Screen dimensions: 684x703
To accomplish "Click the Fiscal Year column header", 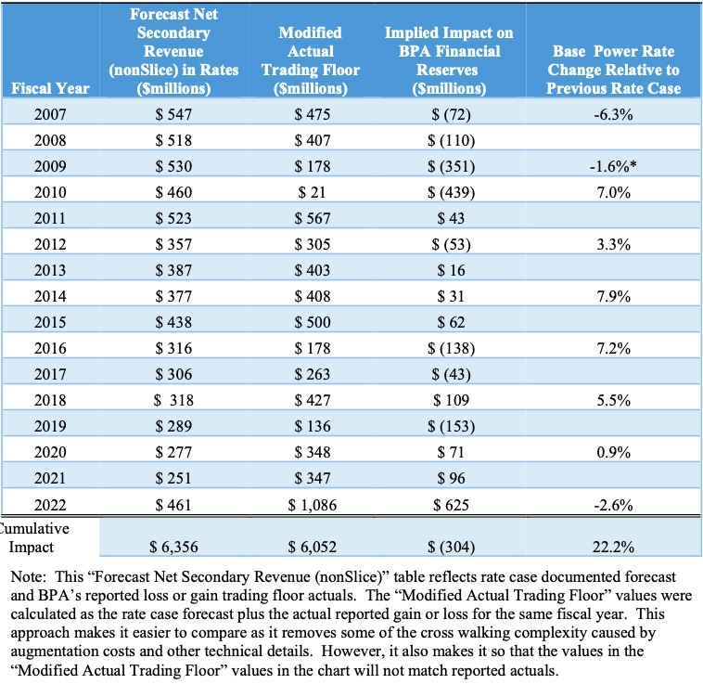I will tap(49, 88).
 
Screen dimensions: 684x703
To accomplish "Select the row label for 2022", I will tap(49, 505).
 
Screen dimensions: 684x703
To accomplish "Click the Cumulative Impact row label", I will tap(32, 537).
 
